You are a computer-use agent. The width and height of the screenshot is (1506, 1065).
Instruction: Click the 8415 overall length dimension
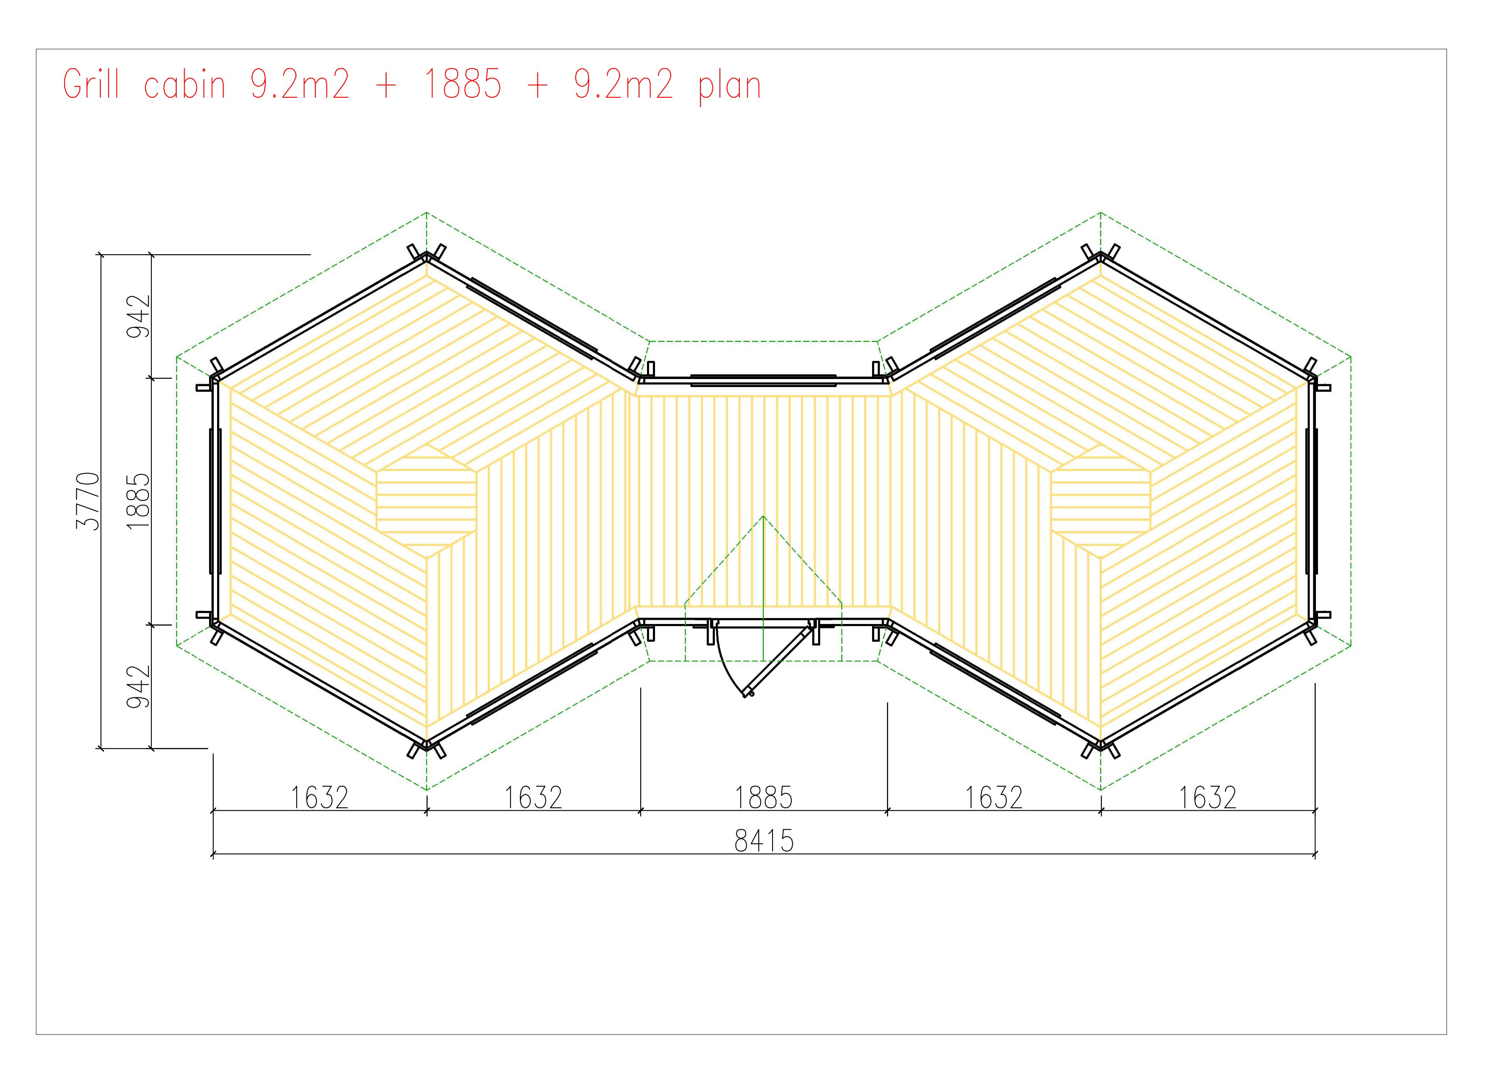764,841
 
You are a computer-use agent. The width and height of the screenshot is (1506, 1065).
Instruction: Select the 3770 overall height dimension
89,501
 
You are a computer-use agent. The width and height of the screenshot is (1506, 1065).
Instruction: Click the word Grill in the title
91,85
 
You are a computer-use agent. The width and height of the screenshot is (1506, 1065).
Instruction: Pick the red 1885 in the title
463,85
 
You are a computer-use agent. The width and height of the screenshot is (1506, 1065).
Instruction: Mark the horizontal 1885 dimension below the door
763,797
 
